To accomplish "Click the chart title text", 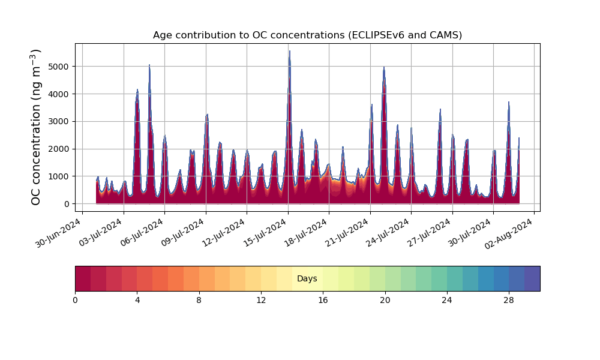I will point(307,35).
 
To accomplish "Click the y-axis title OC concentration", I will point(36,128).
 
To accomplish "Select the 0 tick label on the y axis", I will point(67,204).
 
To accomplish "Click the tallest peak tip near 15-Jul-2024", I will point(290,51).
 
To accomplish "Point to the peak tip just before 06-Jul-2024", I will point(149,65).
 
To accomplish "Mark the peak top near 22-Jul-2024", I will point(384,67).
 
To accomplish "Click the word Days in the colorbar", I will point(307,278).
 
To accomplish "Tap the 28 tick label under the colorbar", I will point(509,300).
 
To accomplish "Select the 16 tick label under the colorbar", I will point(323,300).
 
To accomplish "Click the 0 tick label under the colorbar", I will point(75,300).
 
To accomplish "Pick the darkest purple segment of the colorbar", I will point(532,278).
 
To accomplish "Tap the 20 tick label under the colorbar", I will point(385,300).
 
